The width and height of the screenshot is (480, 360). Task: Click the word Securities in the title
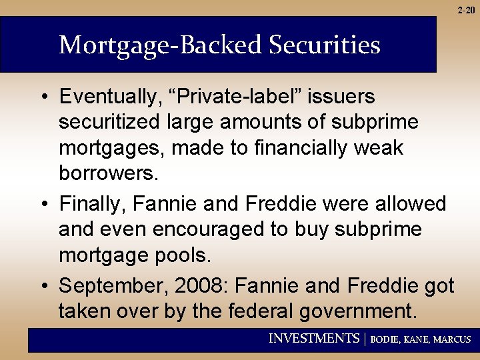click(325, 45)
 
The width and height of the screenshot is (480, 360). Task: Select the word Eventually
click(109, 97)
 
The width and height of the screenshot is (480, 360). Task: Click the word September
click(113, 285)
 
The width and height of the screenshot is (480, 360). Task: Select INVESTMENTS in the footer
click(313, 339)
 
